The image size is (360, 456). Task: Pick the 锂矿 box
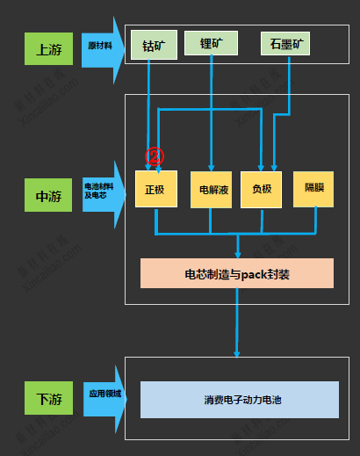pos(211,43)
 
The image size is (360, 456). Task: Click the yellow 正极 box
pos(155,189)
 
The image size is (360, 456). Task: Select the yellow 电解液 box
pos(211,189)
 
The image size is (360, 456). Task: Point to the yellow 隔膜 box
pos(314,188)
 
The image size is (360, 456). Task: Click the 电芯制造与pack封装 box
pos(237,273)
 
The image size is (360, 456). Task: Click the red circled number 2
pos(155,156)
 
